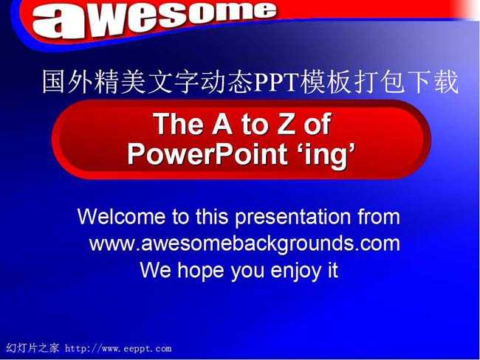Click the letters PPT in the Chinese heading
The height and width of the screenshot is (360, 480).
[x=275, y=82]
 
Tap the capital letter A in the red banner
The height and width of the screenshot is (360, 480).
[x=222, y=124]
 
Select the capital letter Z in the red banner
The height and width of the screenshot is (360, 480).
[x=287, y=124]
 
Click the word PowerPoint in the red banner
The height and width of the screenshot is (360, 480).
[x=208, y=153]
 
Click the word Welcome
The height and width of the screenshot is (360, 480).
[x=121, y=217]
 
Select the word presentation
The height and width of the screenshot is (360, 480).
[x=292, y=218]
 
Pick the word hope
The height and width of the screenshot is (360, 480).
[x=200, y=271]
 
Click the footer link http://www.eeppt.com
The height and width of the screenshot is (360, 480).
[x=118, y=348]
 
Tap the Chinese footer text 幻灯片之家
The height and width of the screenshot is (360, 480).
[x=32, y=348]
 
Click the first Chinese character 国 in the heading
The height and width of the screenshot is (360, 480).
[x=54, y=82]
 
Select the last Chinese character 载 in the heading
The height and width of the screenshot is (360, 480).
[x=447, y=82]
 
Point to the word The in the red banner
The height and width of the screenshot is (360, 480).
[x=179, y=124]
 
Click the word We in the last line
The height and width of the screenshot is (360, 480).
[x=156, y=270]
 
